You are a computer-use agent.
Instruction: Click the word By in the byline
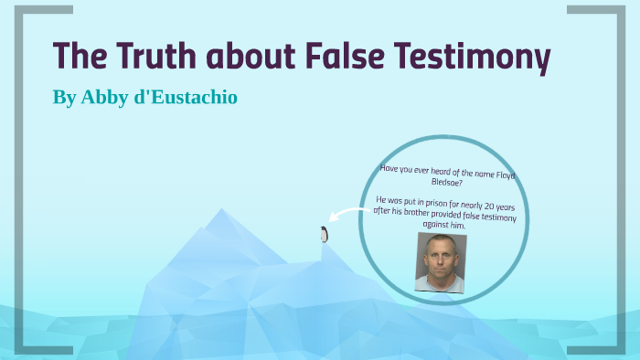tap(64, 97)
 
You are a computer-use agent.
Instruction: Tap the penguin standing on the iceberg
tap(323, 234)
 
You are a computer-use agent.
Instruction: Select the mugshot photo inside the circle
tap(441, 262)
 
